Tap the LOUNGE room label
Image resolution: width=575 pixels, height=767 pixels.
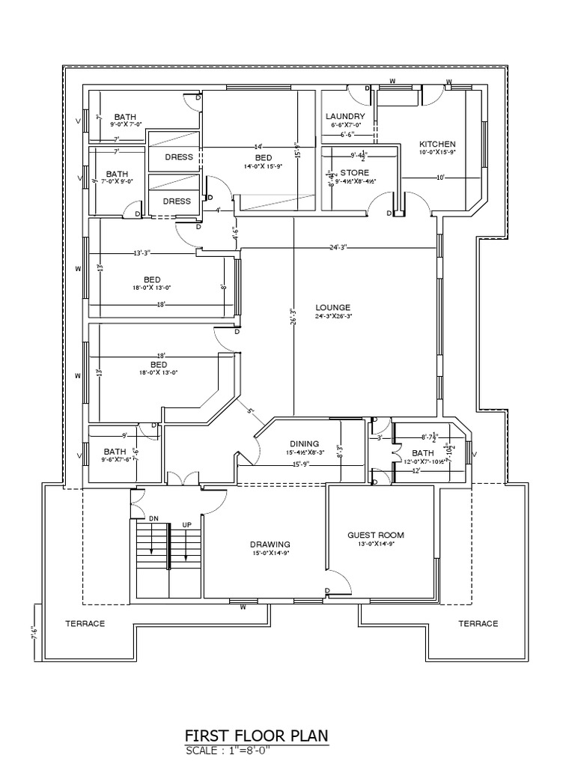(332, 308)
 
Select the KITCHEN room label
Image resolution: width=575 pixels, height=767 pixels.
(436, 145)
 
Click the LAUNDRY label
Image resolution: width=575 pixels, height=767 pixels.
(345, 117)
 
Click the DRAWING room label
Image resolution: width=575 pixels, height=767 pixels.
(270, 545)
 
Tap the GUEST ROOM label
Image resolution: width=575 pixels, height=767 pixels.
(376, 535)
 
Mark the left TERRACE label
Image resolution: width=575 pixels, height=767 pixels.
(85, 623)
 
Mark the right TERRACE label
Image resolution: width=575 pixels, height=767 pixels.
(478, 623)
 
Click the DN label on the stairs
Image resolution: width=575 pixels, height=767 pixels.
(153, 518)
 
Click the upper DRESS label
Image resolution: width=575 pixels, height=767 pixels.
(177, 157)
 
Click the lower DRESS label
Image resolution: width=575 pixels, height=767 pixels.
(177, 201)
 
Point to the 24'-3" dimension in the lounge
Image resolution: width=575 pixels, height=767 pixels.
(338, 247)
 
